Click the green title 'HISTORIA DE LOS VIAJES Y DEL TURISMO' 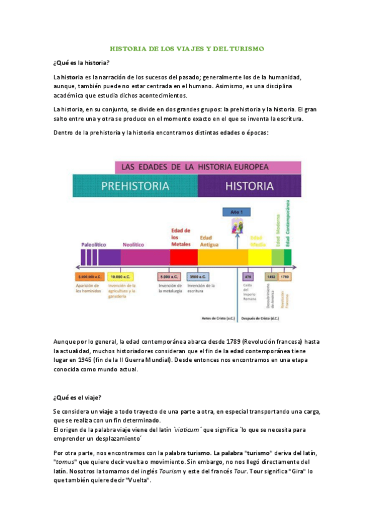[x=187, y=48]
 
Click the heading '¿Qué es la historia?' [x=81, y=63]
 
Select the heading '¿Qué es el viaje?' [x=78, y=397]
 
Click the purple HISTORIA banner [x=249, y=186]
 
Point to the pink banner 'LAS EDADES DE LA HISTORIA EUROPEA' [x=208, y=167]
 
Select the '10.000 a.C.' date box [x=119, y=276]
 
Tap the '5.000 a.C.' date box [x=169, y=276]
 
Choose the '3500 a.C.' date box [x=198, y=276]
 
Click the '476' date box [x=248, y=276]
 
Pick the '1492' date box [x=271, y=276]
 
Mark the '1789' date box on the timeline [x=285, y=276]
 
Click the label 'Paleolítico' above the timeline [x=94, y=244]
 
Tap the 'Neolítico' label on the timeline [x=134, y=245]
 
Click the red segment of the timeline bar [x=184, y=257]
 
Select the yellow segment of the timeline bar [x=259, y=257]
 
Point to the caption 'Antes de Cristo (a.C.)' [x=219, y=317]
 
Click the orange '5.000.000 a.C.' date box [x=89, y=276]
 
